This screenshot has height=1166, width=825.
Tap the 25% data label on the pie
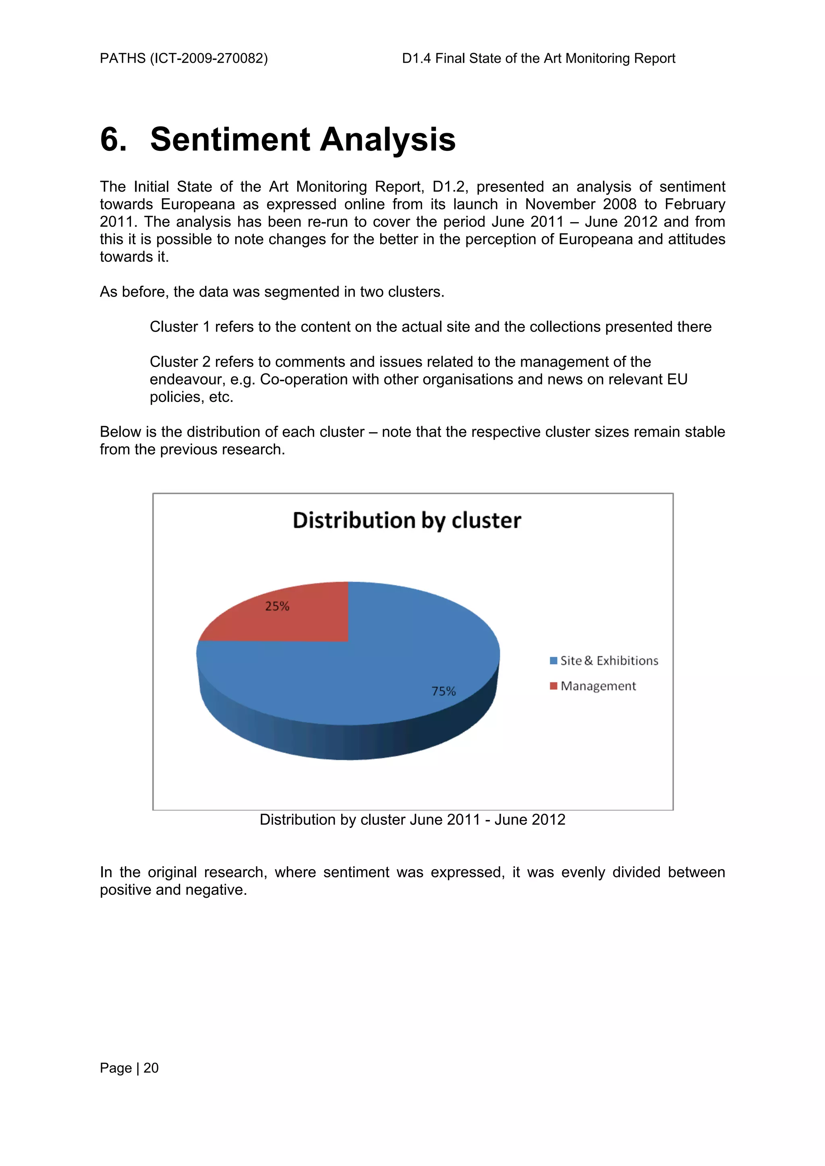277,606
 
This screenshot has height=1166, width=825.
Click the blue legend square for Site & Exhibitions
553,661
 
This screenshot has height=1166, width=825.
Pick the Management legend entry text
598,686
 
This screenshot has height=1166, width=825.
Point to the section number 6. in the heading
113,140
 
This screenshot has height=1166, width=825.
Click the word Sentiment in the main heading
230,140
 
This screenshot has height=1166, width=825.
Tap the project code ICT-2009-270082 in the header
208,58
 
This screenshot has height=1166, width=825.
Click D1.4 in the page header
416,58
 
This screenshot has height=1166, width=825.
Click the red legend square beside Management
553,686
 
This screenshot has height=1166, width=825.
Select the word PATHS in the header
122,58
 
